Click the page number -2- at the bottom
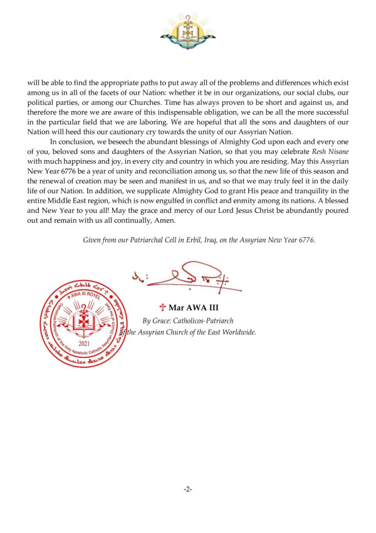(x=187, y=488)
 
